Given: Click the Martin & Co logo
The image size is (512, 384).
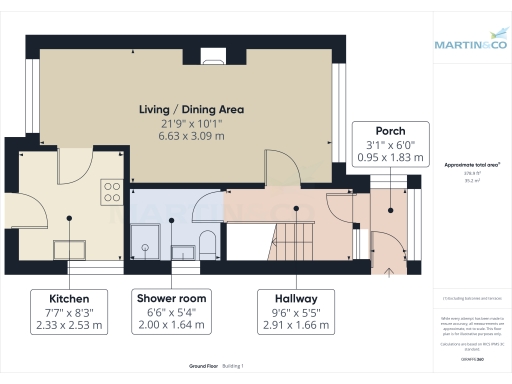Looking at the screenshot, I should pyautogui.click(x=471, y=45).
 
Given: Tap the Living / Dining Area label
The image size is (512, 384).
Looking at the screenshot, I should pyautogui.click(x=192, y=109).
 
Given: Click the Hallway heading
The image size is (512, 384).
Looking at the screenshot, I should pyautogui.click(x=288, y=298).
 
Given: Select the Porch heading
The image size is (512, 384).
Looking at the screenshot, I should pyautogui.click(x=390, y=131).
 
